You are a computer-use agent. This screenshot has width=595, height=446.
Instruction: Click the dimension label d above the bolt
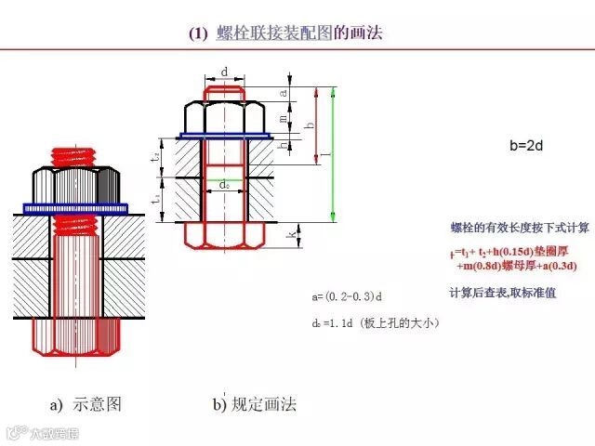225,72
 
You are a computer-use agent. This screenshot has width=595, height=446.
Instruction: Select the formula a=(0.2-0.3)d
349,296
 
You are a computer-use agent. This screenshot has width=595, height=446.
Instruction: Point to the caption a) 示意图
85,405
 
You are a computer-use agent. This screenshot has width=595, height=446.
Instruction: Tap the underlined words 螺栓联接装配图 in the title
273,33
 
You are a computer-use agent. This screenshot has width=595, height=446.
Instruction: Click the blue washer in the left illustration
80,208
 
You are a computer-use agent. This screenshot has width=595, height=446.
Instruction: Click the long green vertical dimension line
333,154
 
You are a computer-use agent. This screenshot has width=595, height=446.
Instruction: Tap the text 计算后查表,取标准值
502,293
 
